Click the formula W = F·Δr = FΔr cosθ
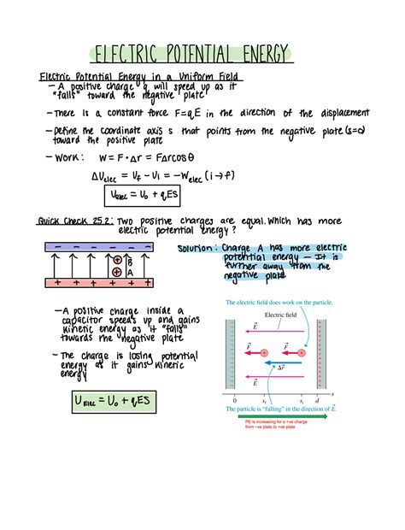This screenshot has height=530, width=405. (149, 157)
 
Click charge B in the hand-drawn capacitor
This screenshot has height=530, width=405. (117, 259)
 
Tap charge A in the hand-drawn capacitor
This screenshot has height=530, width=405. (117, 272)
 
